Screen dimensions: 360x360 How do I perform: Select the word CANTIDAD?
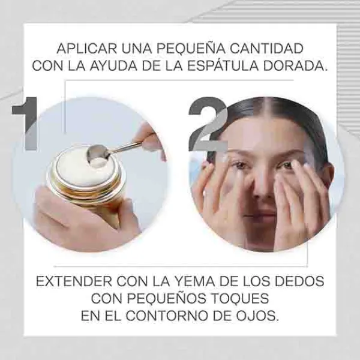click(x=266, y=49)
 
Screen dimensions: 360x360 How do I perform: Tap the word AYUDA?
click(x=113, y=66)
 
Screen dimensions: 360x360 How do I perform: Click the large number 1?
click(x=25, y=124)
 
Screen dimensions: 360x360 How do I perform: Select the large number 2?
click(x=208, y=124)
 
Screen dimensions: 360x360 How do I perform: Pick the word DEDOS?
click(x=299, y=281)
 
